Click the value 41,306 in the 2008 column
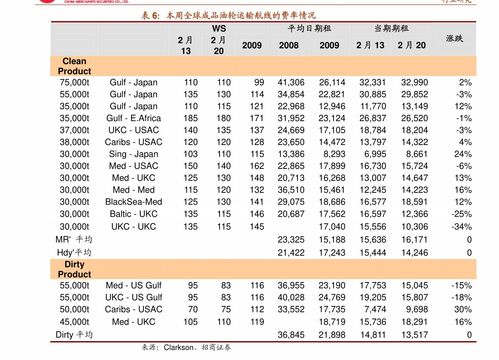[x=290, y=82]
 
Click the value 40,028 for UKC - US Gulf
[x=290, y=298]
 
